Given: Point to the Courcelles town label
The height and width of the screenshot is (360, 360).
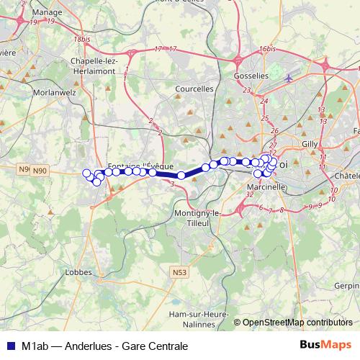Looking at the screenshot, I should coord(194,89).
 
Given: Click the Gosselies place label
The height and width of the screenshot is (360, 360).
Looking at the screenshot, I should coord(251,75).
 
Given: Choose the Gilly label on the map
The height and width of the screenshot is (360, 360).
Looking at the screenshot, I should coord(310,144).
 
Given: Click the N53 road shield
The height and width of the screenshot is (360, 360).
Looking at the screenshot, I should coord(179,272).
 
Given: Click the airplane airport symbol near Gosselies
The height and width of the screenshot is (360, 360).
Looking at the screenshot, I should coord(289,78).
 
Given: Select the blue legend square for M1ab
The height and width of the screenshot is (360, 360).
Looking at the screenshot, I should coord(9,346).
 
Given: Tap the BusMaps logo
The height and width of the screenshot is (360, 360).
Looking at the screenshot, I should coord(325,346).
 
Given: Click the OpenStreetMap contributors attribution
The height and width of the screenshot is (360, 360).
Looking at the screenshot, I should coord(297,322).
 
